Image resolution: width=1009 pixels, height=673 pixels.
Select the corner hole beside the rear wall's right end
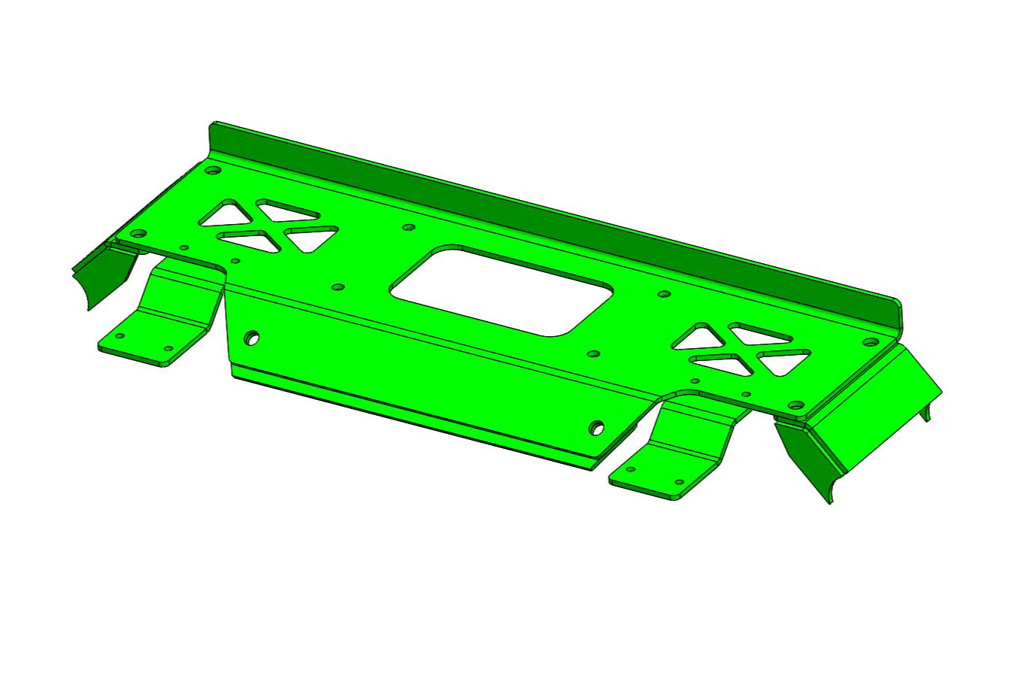pos(870,342)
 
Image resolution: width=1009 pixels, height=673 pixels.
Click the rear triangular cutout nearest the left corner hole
pos(223,214)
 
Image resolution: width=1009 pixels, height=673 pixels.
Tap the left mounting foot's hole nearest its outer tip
pos(120,336)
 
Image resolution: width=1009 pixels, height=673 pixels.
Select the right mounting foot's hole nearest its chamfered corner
pos(679,481)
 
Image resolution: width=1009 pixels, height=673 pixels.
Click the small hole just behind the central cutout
pos(409,227)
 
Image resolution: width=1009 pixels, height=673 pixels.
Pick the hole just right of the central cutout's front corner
pos(593,353)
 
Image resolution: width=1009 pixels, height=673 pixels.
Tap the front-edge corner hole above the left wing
pos(137,234)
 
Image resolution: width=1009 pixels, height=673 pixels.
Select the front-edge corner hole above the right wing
pos(795,406)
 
